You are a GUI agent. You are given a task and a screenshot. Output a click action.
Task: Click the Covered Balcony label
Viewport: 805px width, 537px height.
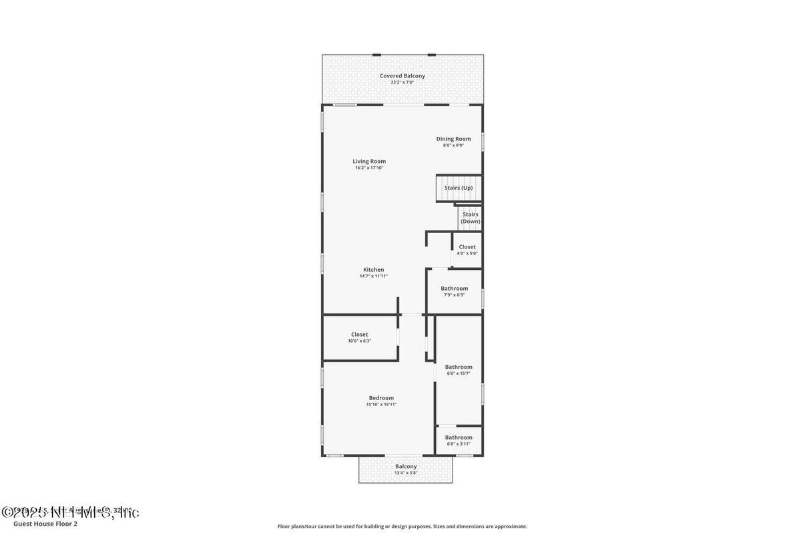tap(402, 76)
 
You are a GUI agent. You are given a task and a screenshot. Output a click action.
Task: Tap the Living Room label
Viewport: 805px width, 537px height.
tap(369, 161)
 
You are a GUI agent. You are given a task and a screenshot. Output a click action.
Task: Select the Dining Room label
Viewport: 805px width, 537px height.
tap(453, 139)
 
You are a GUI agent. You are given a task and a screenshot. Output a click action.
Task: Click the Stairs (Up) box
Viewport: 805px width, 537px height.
tap(459, 188)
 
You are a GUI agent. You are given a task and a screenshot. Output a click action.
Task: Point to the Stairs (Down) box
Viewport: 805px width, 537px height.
tap(470, 218)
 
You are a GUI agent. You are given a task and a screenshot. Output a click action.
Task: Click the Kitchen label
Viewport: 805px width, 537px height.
tap(373, 270)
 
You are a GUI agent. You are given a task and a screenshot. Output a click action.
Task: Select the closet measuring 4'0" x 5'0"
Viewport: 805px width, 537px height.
tap(467, 250)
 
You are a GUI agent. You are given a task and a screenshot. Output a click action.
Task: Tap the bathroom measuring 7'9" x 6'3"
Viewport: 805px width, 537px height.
tap(454, 291)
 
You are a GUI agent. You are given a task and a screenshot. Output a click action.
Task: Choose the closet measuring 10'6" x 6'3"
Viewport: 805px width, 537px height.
tap(359, 337)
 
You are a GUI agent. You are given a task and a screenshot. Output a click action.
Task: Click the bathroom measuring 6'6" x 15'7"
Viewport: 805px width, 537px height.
tap(459, 369)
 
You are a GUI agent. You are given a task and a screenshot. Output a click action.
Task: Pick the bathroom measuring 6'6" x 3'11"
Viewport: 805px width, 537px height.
tap(459, 440)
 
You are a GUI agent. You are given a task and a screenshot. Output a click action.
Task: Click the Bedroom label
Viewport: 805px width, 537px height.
tap(381, 398)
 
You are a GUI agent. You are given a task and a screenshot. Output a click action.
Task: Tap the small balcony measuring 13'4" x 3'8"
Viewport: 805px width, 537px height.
tap(406, 470)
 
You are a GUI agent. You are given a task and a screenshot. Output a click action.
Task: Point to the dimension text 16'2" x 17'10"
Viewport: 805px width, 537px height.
tap(369, 168)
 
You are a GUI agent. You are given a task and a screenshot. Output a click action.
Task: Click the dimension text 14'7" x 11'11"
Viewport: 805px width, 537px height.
tap(373, 276)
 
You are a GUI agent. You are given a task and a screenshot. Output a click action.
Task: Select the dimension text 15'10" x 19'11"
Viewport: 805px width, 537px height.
tap(381, 404)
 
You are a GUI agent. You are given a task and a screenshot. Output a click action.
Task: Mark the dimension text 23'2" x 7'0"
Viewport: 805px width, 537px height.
tap(402, 82)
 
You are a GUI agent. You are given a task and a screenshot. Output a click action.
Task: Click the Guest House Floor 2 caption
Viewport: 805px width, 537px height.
tap(45, 524)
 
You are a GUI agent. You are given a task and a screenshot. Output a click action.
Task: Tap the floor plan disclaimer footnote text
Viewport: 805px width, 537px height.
tap(402, 526)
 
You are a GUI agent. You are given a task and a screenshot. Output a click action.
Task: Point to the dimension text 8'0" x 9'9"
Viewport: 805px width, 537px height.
tap(453, 145)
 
